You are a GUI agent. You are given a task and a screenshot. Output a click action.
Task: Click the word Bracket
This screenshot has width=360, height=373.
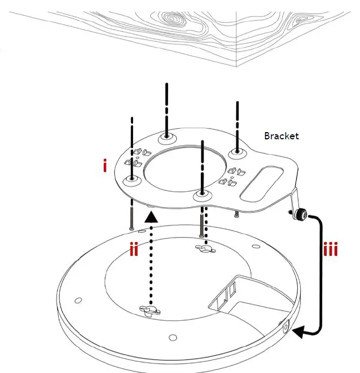pos(281,136)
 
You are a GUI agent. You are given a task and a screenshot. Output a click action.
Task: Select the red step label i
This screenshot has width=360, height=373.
pos(105,165)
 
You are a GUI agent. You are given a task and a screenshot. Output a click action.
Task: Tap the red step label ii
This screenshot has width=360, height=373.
pos(134,250)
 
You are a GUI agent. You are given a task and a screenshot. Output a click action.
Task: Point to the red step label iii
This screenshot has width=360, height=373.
pos(331,249)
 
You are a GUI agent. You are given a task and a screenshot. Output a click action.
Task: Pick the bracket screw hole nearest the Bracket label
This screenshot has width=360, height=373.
pos(237,153)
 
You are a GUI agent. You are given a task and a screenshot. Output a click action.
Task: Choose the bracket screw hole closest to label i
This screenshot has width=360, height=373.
pos(132,179)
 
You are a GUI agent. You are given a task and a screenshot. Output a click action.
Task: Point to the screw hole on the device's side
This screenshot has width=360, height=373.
pos(287,327)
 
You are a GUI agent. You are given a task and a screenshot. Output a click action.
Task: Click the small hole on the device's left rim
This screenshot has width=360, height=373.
pos(78,300)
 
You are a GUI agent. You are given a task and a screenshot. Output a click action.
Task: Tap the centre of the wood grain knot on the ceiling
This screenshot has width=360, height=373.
pos(173,20)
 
